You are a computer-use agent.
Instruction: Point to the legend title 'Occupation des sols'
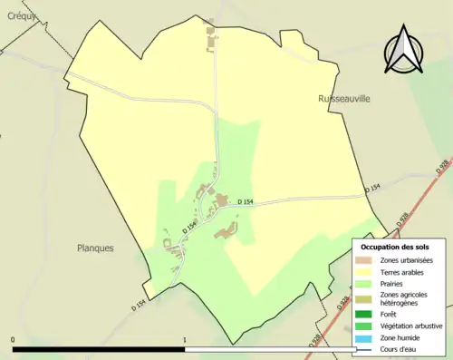(395, 247)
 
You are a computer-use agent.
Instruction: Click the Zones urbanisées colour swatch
(365, 260)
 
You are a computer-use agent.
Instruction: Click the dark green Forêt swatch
(365, 314)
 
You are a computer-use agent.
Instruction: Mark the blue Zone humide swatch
(365, 337)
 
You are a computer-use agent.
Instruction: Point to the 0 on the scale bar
(13, 340)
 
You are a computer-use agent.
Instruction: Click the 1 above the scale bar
(185, 340)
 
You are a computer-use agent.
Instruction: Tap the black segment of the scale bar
(99, 349)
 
